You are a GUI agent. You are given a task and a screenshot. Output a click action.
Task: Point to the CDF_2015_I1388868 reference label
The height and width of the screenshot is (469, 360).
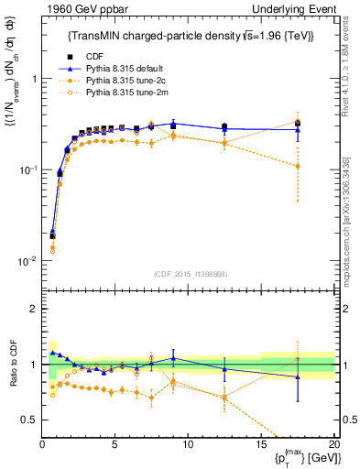188,274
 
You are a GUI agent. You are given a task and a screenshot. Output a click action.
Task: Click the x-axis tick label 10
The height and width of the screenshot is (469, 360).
188,445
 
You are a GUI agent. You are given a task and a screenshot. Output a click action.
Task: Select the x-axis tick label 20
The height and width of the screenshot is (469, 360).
333,445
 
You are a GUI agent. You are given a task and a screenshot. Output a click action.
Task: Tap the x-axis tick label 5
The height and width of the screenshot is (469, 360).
115,445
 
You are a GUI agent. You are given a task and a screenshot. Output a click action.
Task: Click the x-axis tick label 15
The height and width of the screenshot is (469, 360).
261,445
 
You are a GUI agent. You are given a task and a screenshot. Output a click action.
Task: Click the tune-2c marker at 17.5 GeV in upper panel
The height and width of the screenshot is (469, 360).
297,166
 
